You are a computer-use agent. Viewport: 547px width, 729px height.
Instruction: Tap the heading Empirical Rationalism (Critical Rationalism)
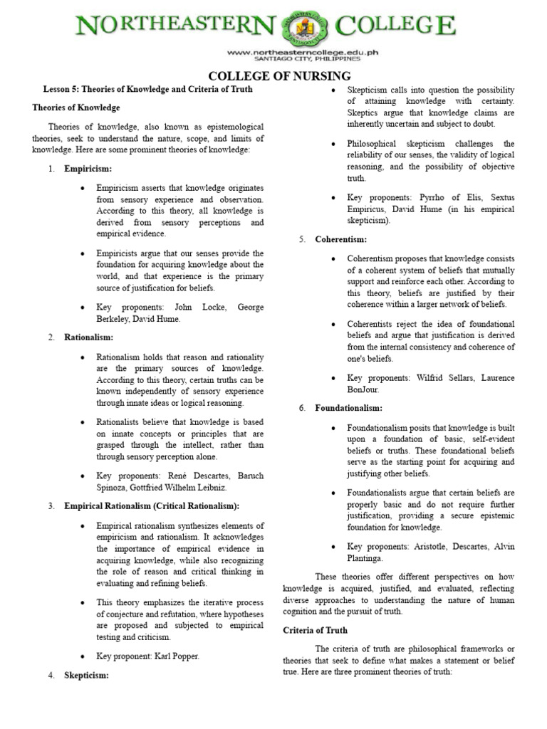152,505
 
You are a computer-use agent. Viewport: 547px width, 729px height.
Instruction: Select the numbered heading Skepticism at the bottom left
86,675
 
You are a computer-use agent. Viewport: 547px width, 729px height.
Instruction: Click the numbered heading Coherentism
341,239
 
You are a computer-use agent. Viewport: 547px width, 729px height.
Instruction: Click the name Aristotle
435,546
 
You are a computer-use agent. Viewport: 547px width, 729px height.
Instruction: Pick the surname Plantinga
366,558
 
